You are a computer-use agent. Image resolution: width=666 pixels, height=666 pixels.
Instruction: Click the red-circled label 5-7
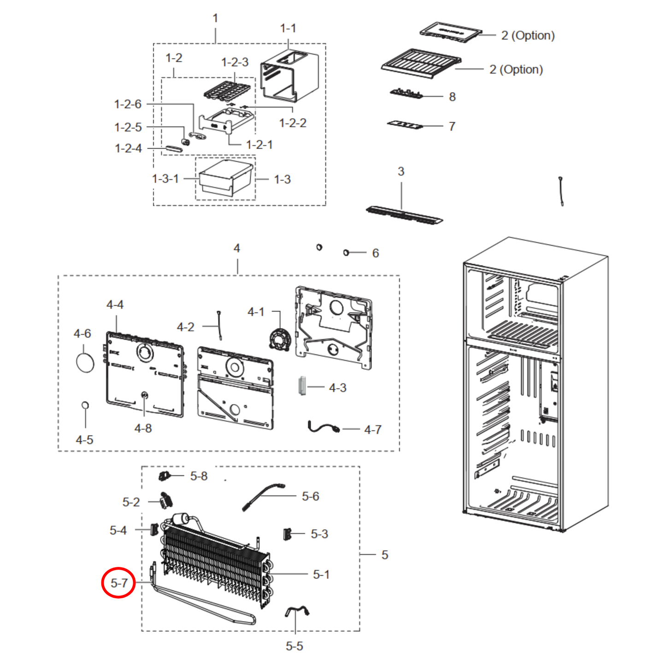[119, 583]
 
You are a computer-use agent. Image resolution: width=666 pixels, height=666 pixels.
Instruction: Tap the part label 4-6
[82, 334]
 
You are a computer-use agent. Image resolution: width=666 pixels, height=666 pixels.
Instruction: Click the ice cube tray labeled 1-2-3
[227, 91]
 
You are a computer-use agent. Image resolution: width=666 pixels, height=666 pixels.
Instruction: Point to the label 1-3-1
[165, 179]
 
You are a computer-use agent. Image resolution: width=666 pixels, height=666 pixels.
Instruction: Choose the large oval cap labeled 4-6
[85, 362]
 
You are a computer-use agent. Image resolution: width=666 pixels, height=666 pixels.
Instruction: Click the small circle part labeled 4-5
[85, 405]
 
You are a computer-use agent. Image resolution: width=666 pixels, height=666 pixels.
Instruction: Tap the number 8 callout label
[452, 97]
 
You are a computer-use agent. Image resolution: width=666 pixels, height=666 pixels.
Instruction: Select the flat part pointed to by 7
[405, 124]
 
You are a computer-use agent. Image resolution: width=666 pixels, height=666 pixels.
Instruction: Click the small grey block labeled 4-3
[302, 385]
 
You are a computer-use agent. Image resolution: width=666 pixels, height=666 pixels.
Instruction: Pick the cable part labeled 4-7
[324, 427]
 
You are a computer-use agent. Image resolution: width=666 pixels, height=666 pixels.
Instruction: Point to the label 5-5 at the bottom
[294, 646]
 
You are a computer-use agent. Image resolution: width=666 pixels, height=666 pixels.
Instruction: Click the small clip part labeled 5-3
[287, 534]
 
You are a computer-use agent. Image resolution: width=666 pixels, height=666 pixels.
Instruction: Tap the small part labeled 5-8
[165, 476]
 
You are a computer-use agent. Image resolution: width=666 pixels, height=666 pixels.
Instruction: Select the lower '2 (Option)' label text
[516, 70]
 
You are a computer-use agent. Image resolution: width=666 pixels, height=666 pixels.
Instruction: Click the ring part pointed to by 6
[346, 253]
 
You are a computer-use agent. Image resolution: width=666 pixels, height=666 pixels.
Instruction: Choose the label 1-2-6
[128, 104]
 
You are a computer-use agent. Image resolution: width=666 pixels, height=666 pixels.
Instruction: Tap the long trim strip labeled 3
[404, 215]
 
